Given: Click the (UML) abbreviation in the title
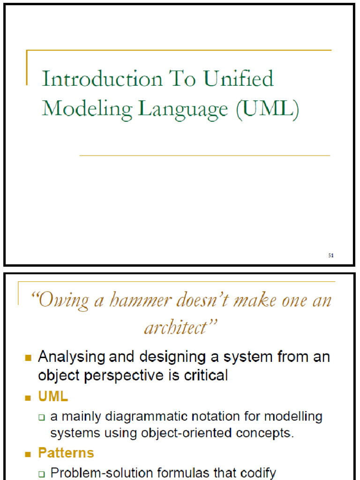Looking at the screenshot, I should [267, 109].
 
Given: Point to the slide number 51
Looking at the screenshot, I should [330, 255].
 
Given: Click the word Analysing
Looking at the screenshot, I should [72, 357].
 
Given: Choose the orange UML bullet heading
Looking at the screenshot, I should [53, 397].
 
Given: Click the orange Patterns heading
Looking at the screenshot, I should [66, 453].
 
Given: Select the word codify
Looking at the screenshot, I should [254, 472].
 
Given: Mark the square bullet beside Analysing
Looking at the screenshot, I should [29, 358].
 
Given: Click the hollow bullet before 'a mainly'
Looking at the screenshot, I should [42, 417].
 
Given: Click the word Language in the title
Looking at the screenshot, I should [182, 109].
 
